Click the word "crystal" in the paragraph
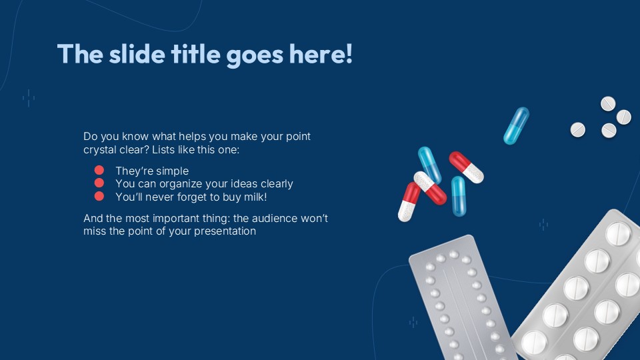(x=101, y=151)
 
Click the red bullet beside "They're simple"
(x=99, y=171)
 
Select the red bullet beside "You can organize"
(x=99, y=183)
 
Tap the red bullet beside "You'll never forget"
(x=99, y=196)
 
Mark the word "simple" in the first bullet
(x=171, y=171)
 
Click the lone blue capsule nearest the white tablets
(x=516, y=125)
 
